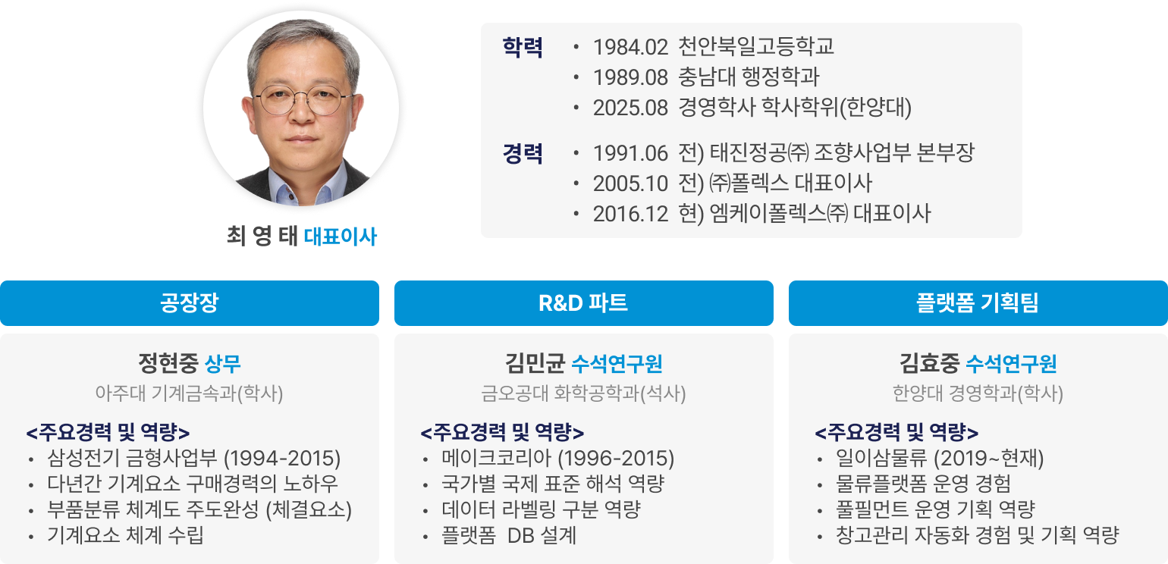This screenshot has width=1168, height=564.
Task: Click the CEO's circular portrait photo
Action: pos(301,108)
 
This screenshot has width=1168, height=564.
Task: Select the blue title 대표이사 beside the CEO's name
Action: pos(340,236)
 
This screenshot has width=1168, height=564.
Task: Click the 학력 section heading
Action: pos(523,47)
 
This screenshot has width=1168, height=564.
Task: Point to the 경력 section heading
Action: pos(523,153)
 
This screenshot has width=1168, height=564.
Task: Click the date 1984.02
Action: pos(630,47)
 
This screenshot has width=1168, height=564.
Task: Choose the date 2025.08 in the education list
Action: pos(630,108)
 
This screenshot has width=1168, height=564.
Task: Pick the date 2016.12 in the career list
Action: pos(630,214)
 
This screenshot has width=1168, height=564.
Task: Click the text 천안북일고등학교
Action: pos(755,46)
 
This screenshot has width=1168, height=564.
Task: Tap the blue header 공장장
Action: pos(190,303)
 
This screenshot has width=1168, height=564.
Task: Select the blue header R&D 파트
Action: pos(583,303)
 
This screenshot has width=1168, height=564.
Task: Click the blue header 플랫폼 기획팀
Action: pos(978,303)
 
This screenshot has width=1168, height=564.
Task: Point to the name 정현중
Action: pos(168,363)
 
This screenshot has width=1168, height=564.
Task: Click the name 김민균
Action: pos(535,363)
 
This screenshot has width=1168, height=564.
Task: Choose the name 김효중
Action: pos(930,363)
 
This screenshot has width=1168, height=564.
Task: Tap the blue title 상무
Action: pos(223,364)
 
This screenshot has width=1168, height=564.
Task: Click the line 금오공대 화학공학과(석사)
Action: pos(583,393)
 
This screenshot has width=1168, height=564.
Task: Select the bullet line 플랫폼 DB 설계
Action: pos(508,535)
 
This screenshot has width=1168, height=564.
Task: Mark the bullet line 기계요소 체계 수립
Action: pos(125,535)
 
